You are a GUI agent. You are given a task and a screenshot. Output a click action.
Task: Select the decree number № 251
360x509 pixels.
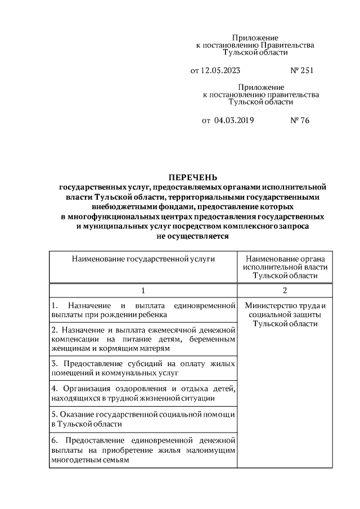point(301,71)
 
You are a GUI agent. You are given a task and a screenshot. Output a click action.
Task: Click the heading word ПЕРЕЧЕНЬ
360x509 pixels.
point(192,177)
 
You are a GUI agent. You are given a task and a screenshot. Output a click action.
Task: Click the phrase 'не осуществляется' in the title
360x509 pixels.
point(192,237)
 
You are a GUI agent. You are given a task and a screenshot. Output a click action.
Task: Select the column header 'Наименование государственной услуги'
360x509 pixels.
point(143,258)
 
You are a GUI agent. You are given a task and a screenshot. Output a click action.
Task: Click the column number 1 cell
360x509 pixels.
point(143,291)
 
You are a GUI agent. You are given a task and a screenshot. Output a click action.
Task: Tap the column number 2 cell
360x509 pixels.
point(285,291)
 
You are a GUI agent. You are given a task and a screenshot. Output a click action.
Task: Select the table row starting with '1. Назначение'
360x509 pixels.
point(143,310)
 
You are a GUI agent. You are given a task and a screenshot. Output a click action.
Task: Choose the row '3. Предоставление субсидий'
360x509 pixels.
point(143,368)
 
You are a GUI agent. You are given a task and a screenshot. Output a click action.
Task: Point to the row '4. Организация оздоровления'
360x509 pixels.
point(143,394)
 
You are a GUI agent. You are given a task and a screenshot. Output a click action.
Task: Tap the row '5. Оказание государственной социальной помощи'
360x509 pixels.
point(143,420)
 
